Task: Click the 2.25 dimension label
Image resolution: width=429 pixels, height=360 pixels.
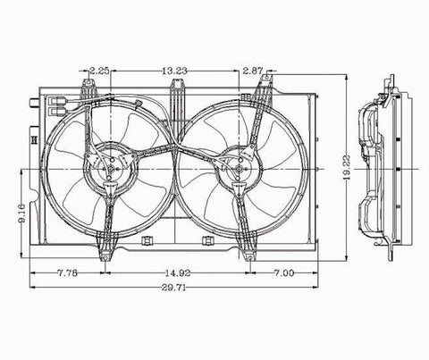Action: coord(99,71)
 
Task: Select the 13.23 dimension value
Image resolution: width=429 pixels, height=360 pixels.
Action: coord(174,71)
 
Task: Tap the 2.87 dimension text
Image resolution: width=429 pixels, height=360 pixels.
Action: coord(253,71)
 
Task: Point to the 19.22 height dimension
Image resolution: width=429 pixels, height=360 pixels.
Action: coord(347,168)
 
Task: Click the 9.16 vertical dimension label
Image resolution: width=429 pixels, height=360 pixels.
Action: coord(21,213)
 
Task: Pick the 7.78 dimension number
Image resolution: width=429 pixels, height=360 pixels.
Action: coord(67,272)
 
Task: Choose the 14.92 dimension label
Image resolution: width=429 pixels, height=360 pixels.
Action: coord(178,272)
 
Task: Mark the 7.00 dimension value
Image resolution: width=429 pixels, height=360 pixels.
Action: coord(284,272)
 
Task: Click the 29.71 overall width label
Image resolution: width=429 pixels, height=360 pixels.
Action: coord(174,288)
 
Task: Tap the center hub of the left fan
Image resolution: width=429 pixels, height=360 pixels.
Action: coord(111,169)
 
